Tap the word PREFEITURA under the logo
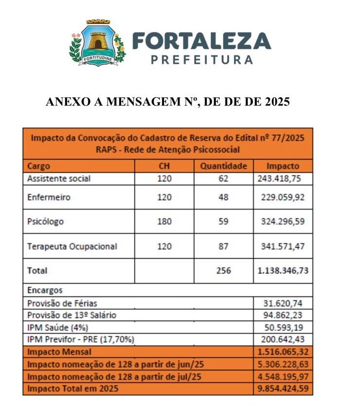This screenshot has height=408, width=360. [202, 60]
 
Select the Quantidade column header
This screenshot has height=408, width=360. [223, 166]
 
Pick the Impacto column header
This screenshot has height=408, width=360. [283, 166]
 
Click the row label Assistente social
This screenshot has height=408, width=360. [59, 178]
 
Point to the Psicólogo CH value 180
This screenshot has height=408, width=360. [164, 222]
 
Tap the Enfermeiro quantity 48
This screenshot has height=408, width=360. [223, 197]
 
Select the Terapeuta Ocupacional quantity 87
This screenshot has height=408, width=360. [223, 247]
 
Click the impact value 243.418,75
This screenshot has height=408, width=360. [279, 178]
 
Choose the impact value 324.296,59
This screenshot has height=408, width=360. [283, 222]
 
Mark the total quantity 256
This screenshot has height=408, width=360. [223, 271]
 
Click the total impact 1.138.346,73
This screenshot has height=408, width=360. [283, 271]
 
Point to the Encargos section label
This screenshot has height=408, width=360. [45, 290]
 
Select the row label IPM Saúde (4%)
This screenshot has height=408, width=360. [58, 327]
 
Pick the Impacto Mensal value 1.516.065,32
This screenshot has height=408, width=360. [283, 352]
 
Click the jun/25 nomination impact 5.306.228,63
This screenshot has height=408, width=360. [283, 364]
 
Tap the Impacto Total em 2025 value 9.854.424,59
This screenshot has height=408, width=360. [283, 389]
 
